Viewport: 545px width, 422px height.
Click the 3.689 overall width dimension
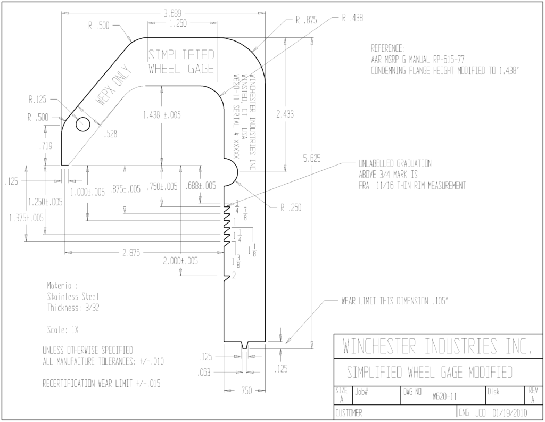point(172,14)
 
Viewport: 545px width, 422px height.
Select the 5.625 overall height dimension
point(311,159)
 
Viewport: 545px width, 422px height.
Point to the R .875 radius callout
point(307,20)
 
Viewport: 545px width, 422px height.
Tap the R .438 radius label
point(352,18)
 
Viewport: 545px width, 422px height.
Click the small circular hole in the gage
point(83,125)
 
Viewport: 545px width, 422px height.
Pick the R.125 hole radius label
point(38,100)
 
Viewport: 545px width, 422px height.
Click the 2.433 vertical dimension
point(285,114)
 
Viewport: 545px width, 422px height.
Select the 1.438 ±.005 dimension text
point(162,115)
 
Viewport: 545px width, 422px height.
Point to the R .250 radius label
point(291,208)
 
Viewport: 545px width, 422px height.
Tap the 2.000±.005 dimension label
point(181,261)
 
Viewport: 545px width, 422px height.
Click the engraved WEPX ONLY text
point(114,86)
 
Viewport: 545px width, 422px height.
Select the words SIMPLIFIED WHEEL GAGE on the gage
point(181,62)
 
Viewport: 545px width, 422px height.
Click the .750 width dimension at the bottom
point(245,391)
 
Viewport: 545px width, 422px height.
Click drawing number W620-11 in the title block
point(444,396)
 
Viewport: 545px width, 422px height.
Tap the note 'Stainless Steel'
point(73,297)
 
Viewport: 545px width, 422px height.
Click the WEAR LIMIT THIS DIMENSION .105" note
point(395,301)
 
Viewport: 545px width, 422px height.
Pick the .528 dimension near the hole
point(111,134)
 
